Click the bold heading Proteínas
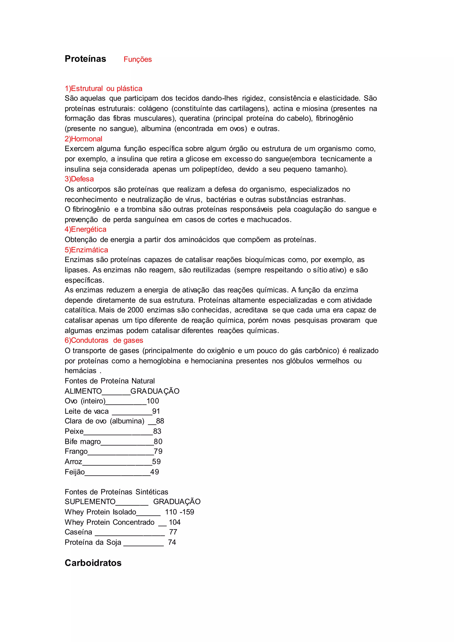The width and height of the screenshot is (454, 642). (x=85, y=59)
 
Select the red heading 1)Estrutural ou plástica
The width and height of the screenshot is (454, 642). (x=104, y=88)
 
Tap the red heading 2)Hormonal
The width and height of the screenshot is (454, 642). (x=83, y=139)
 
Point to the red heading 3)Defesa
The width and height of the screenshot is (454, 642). (x=79, y=179)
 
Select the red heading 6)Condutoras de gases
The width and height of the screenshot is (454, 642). (x=104, y=340)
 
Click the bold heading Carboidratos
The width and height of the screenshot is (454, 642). (x=93, y=563)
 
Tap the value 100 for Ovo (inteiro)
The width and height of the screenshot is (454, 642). (x=153, y=401)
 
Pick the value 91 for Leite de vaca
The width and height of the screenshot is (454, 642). (x=156, y=411)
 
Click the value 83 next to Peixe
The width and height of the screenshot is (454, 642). (x=157, y=431)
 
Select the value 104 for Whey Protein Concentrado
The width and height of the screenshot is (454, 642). (x=175, y=522)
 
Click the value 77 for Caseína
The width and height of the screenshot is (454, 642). (x=173, y=532)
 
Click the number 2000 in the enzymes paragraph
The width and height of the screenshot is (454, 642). (x=135, y=310)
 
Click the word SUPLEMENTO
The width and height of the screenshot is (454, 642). (x=90, y=502)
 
